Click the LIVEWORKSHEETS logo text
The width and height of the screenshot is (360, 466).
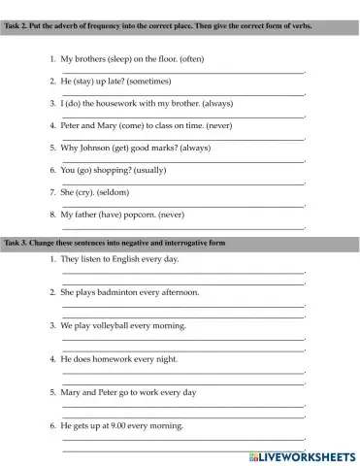(306, 454)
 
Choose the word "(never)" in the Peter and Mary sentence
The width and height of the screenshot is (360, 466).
(212, 125)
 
